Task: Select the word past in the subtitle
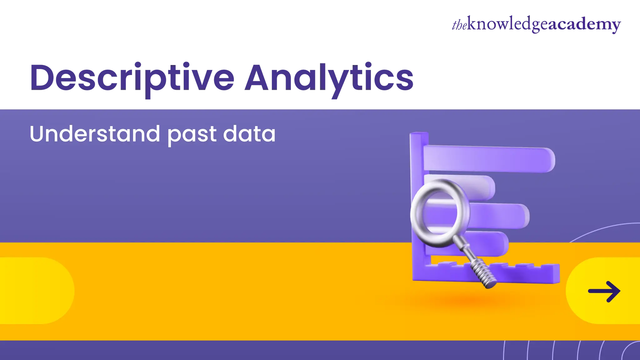192,135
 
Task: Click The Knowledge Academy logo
536,25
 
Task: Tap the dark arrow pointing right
604,291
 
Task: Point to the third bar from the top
500,215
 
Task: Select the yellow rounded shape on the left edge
34,291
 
